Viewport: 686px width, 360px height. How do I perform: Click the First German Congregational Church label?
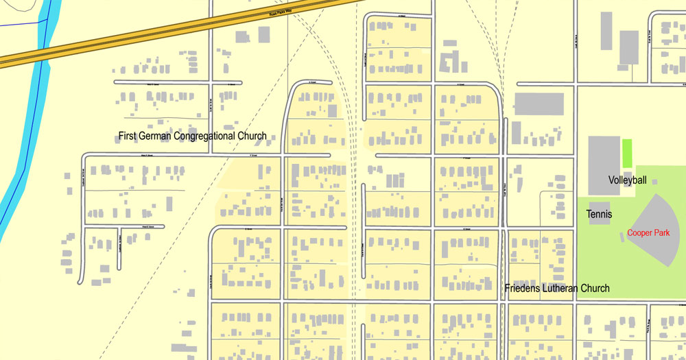pyautogui.click(x=192, y=136)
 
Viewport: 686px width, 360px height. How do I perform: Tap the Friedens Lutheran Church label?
pyautogui.click(x=556, y=288)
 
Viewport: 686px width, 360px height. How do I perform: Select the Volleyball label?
pyautogui.click(x=628, y=180)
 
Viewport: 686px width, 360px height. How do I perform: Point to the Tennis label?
pyautogui.click(x=599, y=215)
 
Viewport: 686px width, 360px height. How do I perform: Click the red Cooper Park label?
pyautogui.click(x=648, y=233)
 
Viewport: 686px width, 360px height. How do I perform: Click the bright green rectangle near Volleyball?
pyautogui.click(x=627, y=152)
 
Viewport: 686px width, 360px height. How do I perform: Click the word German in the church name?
pyautogui.click(x=155, y=136)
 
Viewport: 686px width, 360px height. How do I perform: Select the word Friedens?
pyautogui.click(x=523, y=288)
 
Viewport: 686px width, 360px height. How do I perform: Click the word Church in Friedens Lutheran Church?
pyautogui.click(x=595, y=288)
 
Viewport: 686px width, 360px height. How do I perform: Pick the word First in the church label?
pyautogui.click(x=128, y=136)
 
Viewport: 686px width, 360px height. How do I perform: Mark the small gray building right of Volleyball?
pyautogui.click(x=654, y=182)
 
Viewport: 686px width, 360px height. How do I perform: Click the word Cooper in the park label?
pyautogui.click(x=639, y=233)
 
